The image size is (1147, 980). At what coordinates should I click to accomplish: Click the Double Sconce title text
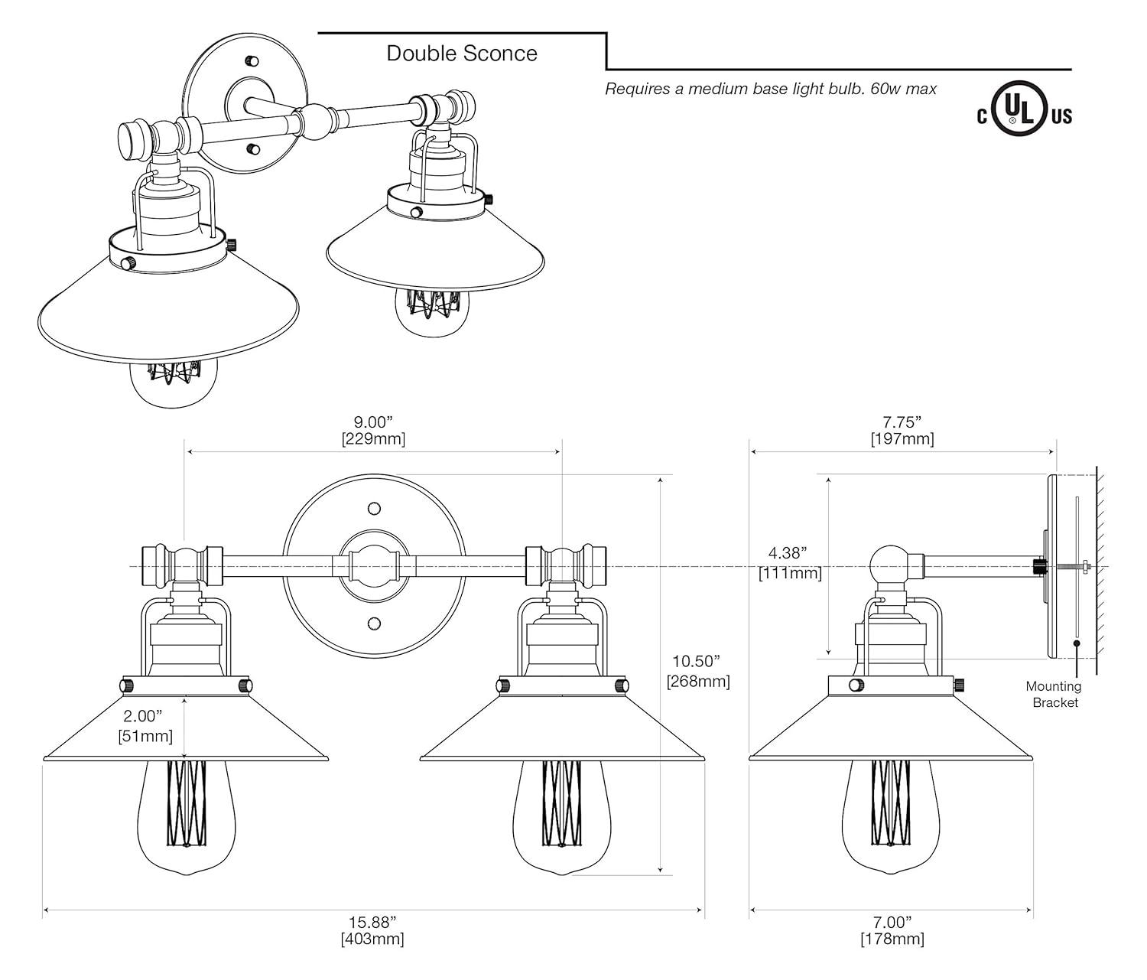click(461, 53)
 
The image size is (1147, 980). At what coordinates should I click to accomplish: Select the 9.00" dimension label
click(372, 422)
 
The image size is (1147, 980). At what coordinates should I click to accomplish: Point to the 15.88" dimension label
click(372, 921)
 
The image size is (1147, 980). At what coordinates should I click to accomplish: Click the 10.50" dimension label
click(696, 661)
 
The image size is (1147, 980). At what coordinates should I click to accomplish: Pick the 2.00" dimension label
click(143, 716)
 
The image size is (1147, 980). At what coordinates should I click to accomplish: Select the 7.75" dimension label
click(902, 422)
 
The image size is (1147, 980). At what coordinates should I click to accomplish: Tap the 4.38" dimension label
click(788, 552)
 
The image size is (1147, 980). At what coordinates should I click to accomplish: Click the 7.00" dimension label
click(892, 921)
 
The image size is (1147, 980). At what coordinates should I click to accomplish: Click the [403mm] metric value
click(372, 939)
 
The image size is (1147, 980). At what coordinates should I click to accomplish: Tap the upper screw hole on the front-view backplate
click(374, 509)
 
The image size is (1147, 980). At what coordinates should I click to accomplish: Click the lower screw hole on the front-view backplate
click(374, 622)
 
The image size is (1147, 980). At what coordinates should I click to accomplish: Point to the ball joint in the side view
click(889, 566)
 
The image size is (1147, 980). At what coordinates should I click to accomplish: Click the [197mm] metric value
click(902, 439)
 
